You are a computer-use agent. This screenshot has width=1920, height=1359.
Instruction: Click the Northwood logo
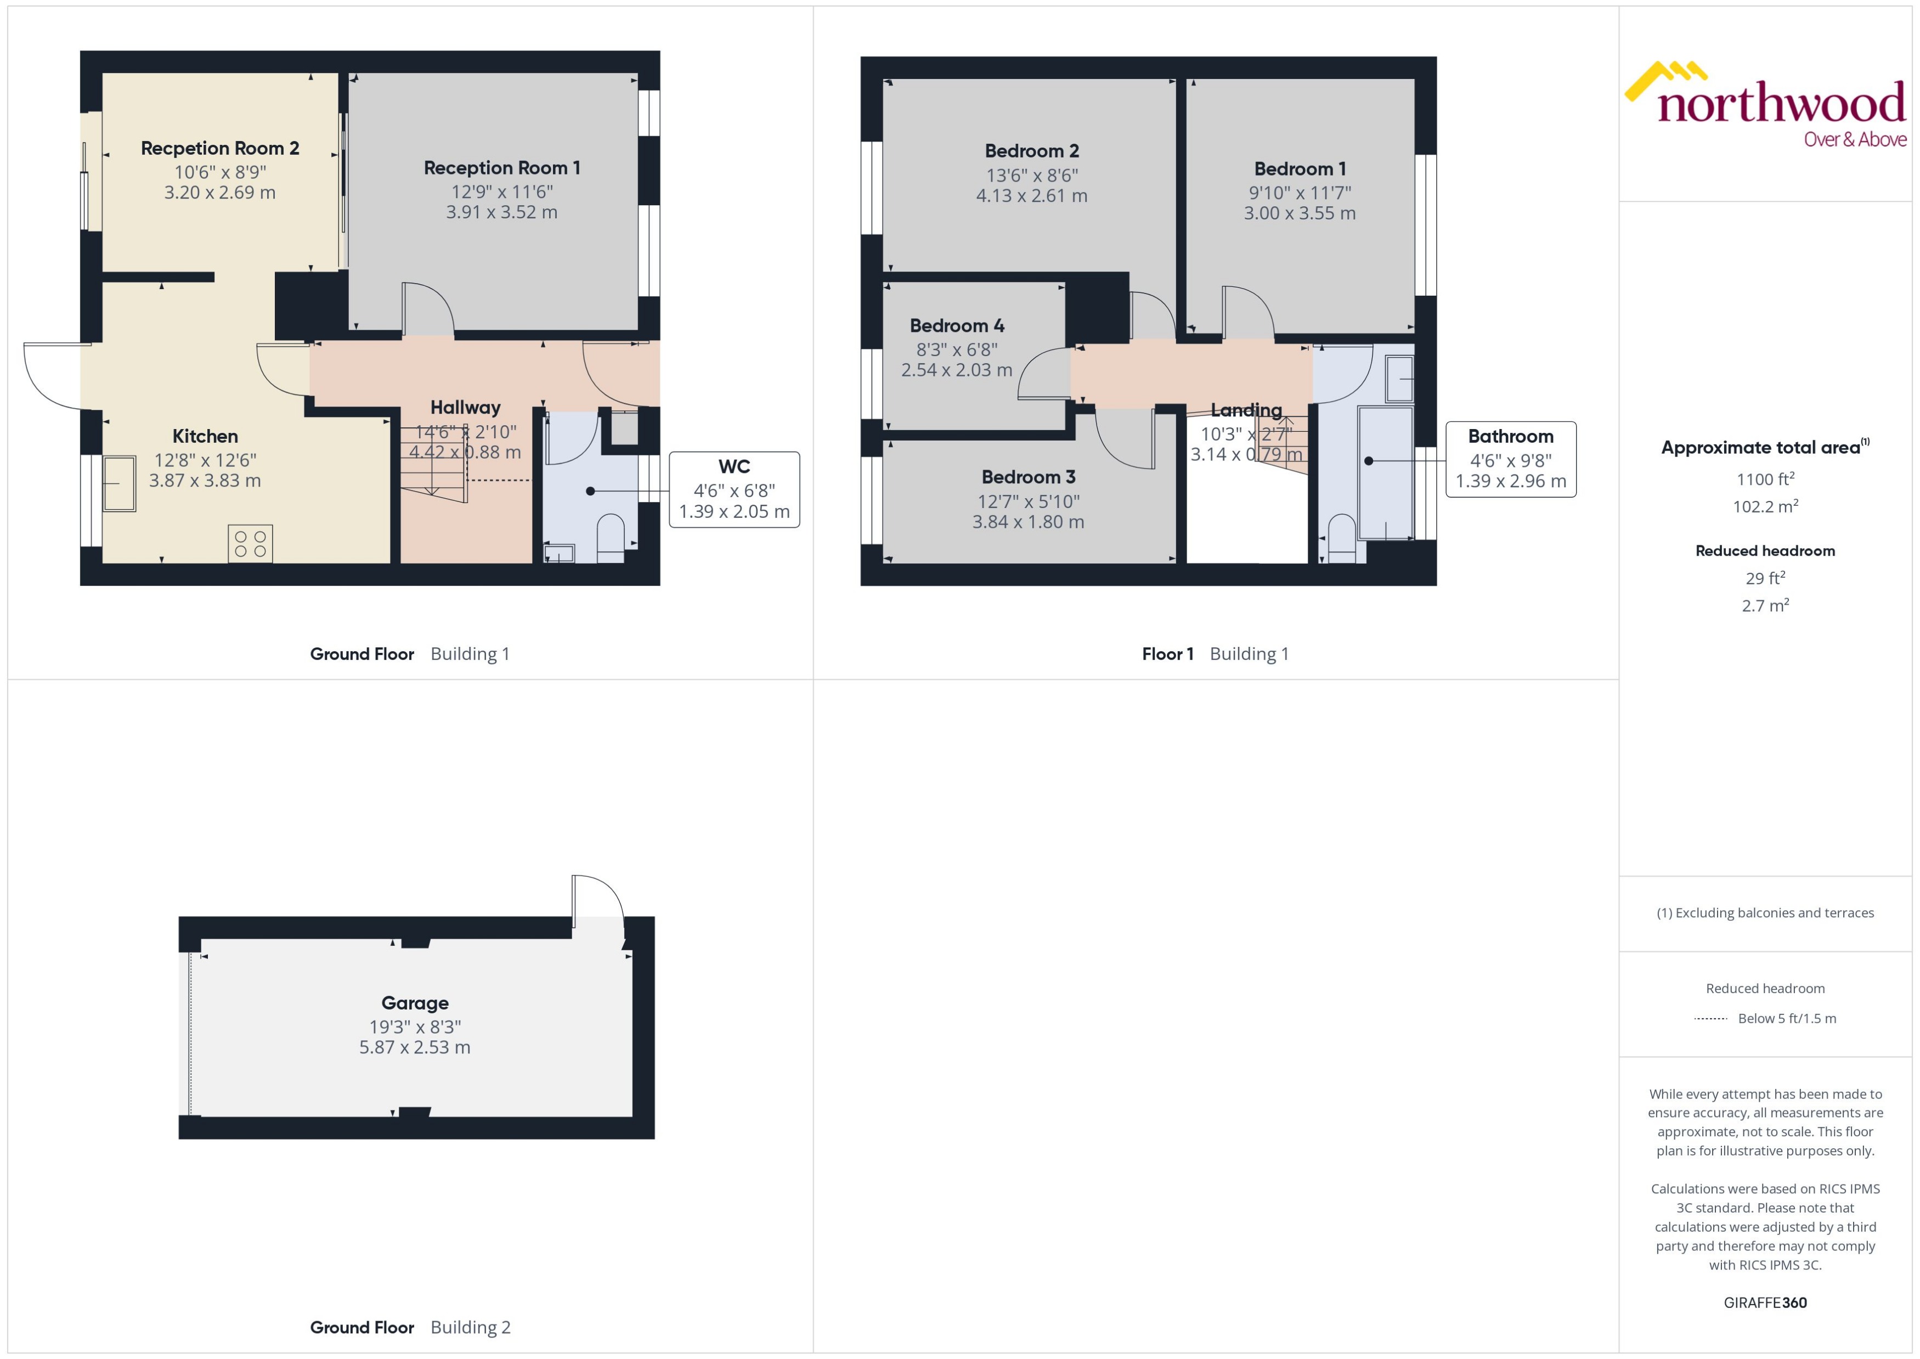(x=1765, y=105)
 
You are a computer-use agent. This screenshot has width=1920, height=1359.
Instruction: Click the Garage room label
(x=415, y=1002)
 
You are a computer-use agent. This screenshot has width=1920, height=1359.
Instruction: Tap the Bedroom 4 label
(x=956, y=325)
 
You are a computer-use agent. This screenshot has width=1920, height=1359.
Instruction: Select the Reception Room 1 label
(x=501, y=167)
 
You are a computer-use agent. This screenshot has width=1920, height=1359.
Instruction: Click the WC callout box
(x=733, y=489)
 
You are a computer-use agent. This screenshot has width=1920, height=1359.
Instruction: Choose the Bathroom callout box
(x=1510, y=459)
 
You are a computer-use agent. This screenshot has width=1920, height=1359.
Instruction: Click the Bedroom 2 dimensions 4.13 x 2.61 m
(x=1031, y=196)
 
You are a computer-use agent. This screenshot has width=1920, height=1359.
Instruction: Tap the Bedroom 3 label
(x=1027, y=477)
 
